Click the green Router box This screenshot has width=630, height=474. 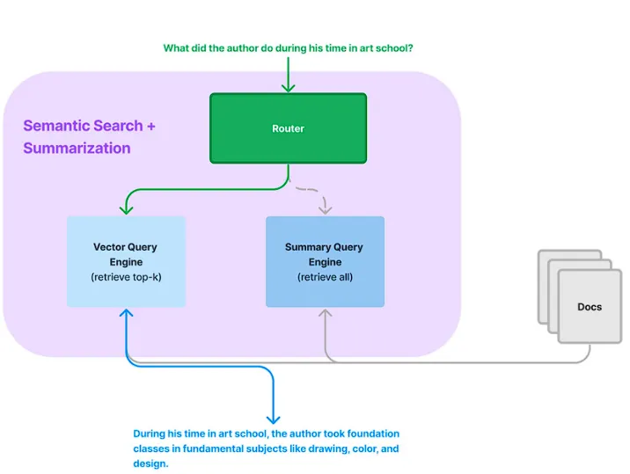pos(288,128)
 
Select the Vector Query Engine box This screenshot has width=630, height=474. pos(126,261)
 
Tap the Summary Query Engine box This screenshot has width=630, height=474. pos(325,261)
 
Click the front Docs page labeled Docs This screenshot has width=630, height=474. pos(590,307)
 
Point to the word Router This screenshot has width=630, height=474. pos(288,128)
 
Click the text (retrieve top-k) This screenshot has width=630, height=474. pos(126,277)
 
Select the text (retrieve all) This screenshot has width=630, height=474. pos(325,277)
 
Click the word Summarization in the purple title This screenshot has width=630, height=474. pos(77,149)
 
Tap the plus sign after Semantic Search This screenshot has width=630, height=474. pos(151,126)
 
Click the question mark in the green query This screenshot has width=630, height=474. pos(410,48)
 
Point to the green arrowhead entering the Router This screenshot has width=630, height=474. pos(288,88)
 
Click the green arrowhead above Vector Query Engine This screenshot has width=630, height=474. pos(126,209)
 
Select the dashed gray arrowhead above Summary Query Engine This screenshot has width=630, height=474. pos(325,209)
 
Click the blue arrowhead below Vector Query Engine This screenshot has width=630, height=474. pos(126,313)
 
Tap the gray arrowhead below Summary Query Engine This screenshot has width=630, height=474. pos(325,313)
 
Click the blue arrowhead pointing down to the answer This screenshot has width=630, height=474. pos(274,419)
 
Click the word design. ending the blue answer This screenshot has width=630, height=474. pos(150,463)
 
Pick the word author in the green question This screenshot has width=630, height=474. pos(243,48)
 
